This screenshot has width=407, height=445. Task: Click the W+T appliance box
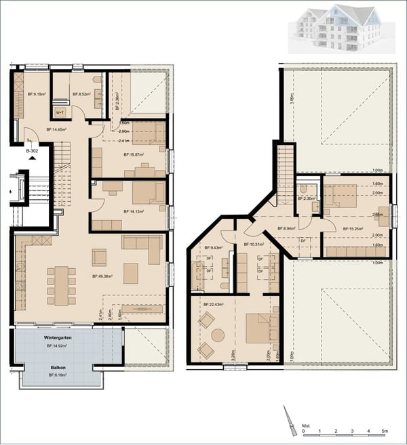tap(60, 112)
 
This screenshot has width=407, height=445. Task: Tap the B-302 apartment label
tap(32, 150)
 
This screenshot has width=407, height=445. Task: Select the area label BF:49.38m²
tap(102, 276)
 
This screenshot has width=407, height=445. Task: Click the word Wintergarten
tap(58, 336)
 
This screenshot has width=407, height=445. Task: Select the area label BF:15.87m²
tap(134, 155)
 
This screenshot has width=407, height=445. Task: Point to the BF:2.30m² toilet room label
tap(307, 198)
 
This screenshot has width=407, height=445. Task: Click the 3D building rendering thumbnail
tap(336, 28)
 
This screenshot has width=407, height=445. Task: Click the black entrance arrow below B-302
tap(32, 156)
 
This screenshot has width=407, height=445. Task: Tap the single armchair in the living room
tap(99, 257)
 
